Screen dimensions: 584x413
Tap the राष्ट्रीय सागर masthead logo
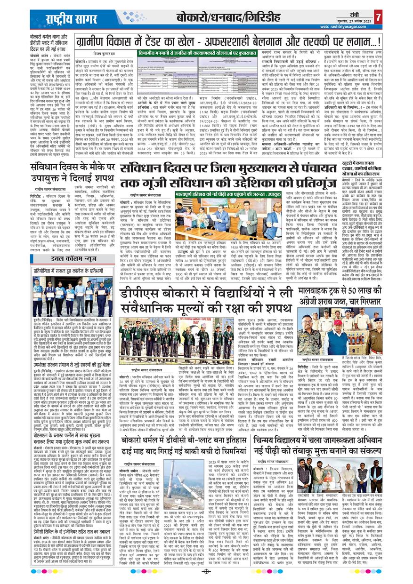65,19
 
